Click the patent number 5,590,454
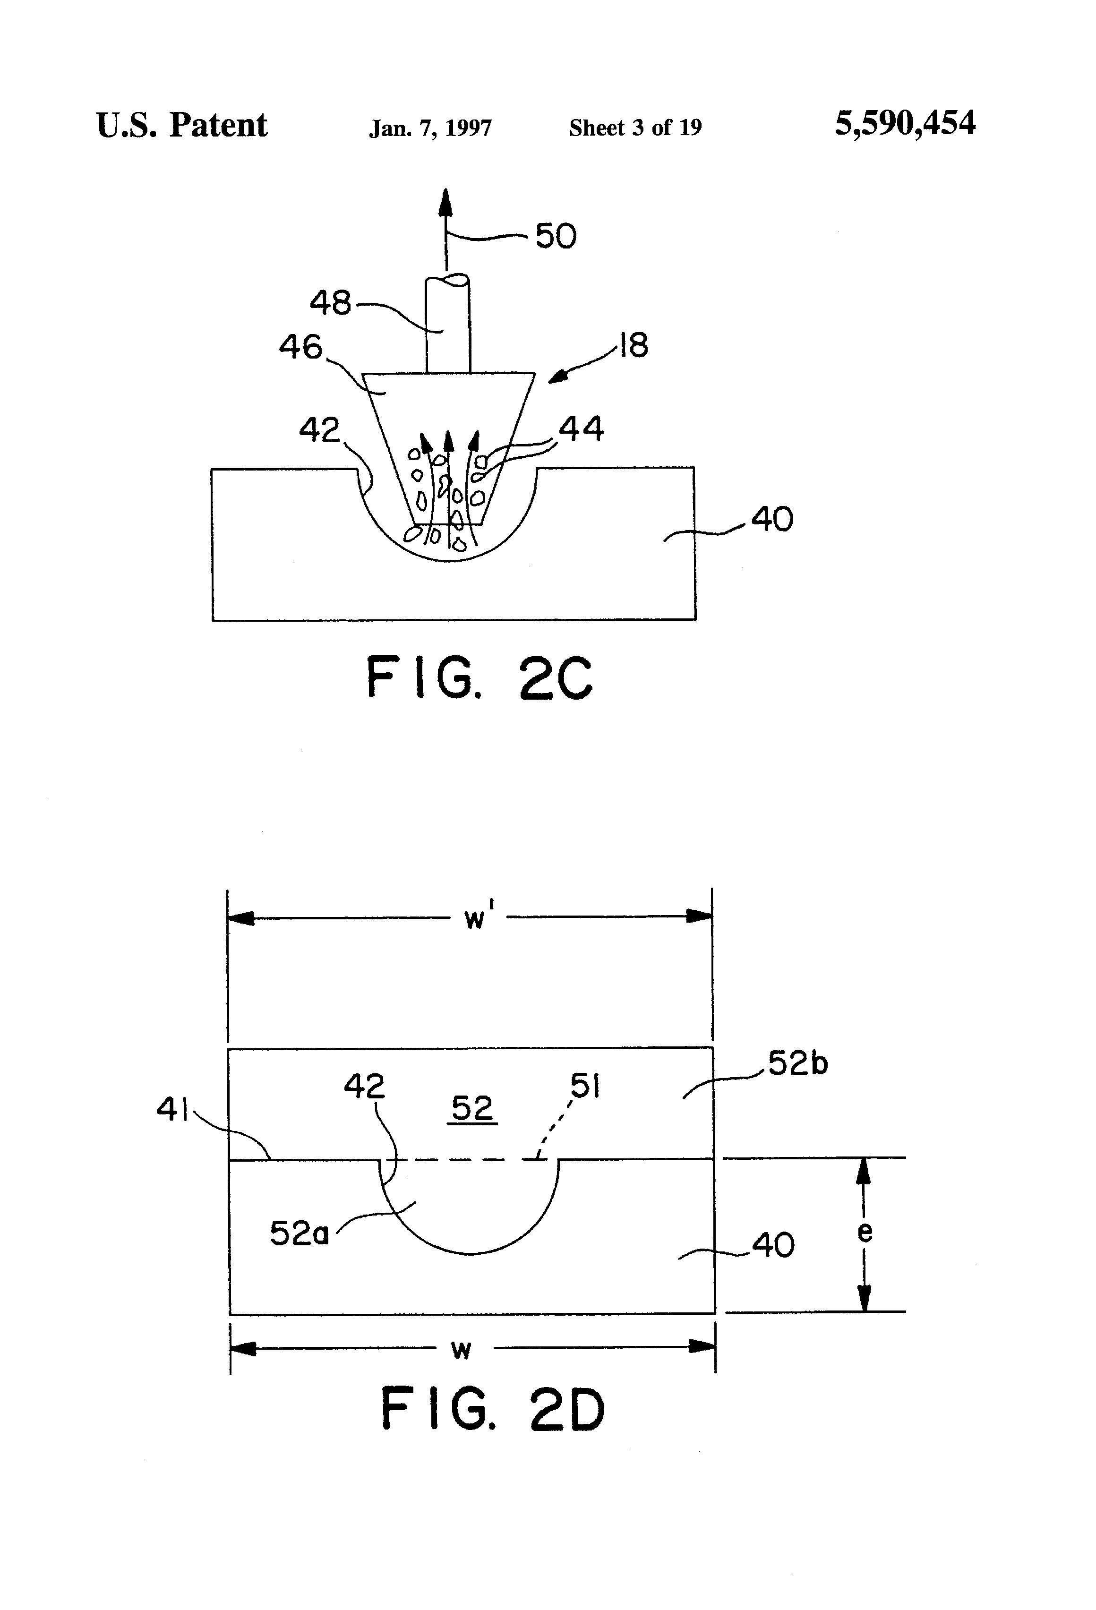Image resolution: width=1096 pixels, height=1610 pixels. [905, 124]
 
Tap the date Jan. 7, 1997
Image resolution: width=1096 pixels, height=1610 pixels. [430, 128]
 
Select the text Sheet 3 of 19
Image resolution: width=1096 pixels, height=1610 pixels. [635, 128]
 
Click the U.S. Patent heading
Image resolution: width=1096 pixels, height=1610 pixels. [181, 125]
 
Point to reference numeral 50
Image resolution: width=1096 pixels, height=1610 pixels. [556, 236]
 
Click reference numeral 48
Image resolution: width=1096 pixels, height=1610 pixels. [331, 303]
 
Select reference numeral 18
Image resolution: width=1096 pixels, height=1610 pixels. [633, 344]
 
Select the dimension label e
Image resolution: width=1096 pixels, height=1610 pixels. [865, 1232]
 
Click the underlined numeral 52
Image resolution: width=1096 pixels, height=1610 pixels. [472, 1108]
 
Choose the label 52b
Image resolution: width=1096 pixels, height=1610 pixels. [798, 1063]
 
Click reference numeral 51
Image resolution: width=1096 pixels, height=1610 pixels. [585, 1086]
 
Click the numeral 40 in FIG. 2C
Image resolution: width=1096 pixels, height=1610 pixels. [772, 519]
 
